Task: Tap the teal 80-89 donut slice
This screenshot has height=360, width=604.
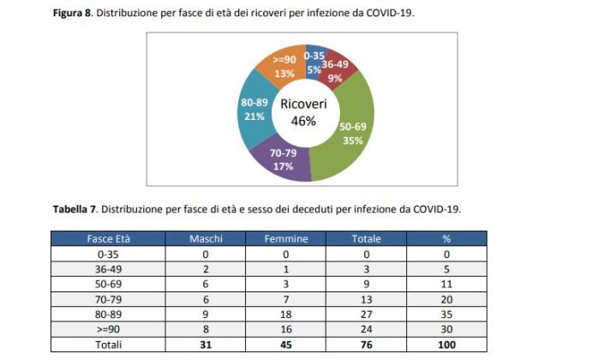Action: pos(254,111)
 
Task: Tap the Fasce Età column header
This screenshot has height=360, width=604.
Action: pos(108,239)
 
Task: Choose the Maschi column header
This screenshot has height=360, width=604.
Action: pos(206,239)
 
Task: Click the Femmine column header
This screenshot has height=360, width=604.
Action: pos(285,239)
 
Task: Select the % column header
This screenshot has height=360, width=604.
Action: pos(446,239)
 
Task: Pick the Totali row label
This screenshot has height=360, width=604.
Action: pos(108,345)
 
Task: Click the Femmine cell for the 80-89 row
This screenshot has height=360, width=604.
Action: pos(285,315)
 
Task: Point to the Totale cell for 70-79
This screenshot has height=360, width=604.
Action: pos(367,299)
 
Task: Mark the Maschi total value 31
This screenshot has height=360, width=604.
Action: pos(206,345)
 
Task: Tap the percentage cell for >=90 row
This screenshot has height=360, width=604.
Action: pos(446,329)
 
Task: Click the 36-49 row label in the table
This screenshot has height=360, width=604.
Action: pos(108,269)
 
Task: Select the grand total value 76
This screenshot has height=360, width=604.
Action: pos(367,345)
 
